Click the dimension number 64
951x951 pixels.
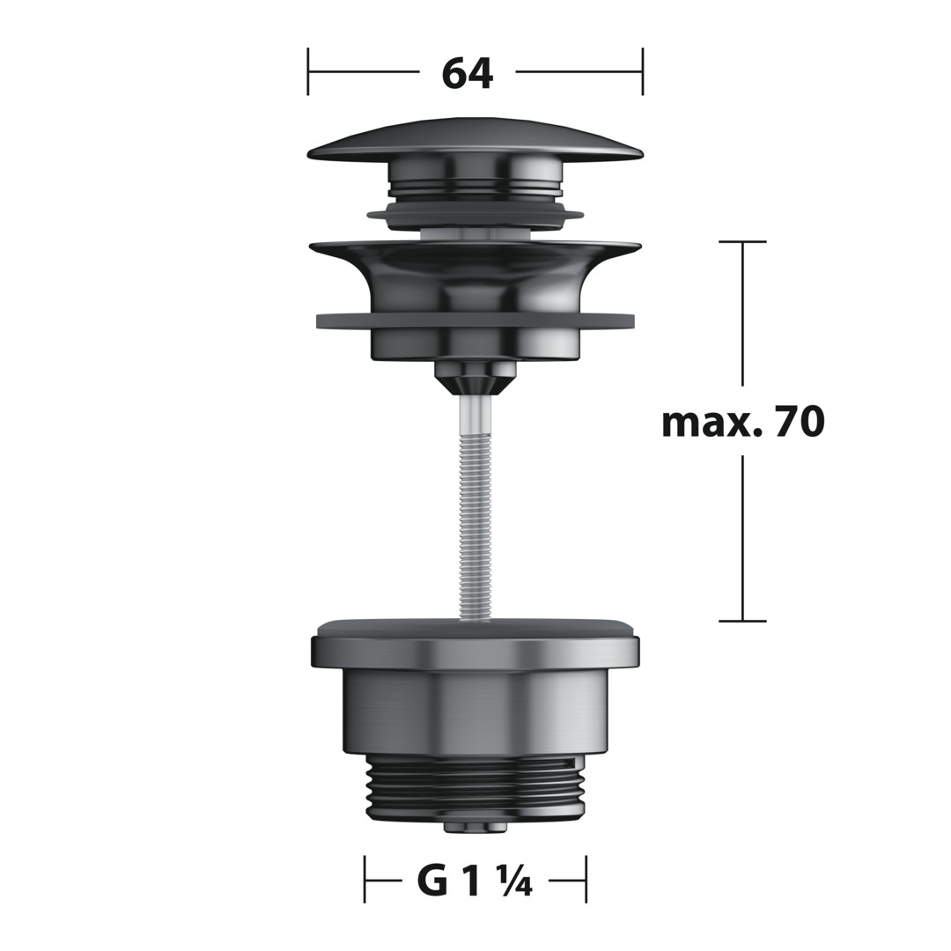(x=467, y=74)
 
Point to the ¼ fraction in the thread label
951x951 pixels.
(x=515, y=883)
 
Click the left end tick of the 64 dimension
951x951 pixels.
(x=308, y=71)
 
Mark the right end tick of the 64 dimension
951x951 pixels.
(x=642, y=71)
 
